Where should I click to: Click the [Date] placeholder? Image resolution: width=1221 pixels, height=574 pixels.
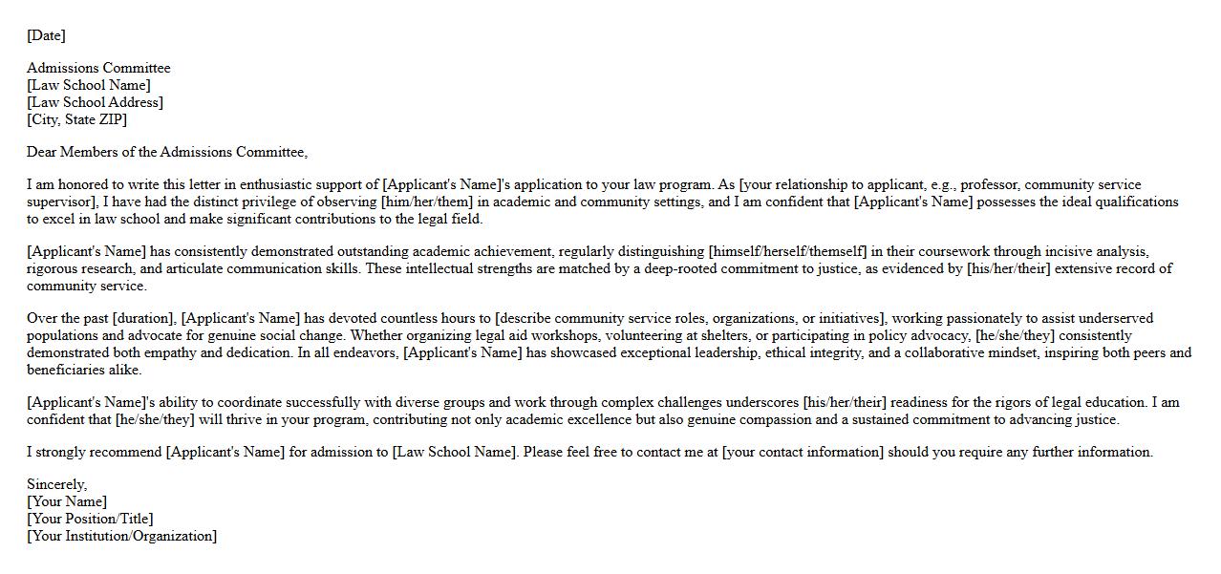click(x=46, y=35)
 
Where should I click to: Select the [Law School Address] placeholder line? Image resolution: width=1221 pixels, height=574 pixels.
click(x=95, y=102)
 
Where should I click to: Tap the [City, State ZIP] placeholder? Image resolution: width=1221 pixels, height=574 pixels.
click(x=76, y=119)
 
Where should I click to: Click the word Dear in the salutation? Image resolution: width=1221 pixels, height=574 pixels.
click(x=42, y=152)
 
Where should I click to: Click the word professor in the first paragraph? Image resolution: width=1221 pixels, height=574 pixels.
click(x=988, y=184)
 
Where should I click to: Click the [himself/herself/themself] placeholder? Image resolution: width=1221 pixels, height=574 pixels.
click(x=787, y=251)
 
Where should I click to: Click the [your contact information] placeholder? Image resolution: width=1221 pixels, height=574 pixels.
click(x=803, y=452)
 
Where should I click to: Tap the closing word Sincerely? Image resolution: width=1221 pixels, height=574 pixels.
click(x=56, y=484)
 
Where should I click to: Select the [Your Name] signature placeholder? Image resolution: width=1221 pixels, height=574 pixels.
click(x=67, y=501)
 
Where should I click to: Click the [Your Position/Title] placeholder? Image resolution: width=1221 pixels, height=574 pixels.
click(x=90, y=519)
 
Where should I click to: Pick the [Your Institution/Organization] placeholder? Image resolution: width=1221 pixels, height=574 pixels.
click(x=121, y=536)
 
